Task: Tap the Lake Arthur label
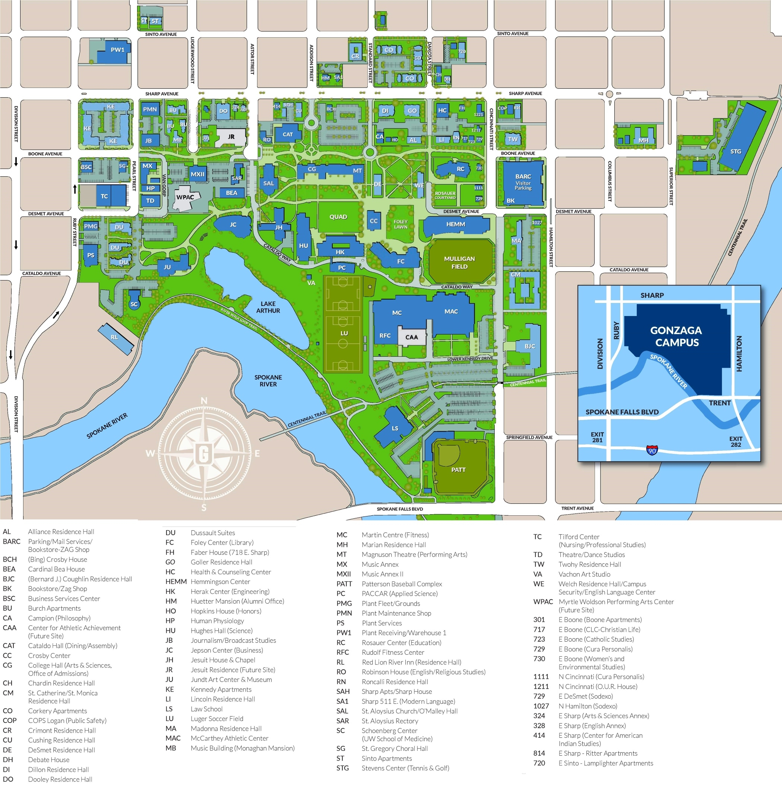(268, 307)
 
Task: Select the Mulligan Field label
(459, 263)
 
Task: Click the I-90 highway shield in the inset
(652, 451)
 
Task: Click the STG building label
(735, 152)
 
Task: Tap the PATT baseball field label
(458, 470)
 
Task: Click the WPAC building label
(185, 197)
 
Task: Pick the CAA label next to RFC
(411, 337)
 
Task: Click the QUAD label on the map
(338, 217)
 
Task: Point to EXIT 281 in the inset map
(597, 437)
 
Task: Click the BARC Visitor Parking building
(523, 182)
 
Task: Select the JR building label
(231, 137)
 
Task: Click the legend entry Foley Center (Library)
(222, 543)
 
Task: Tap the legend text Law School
(206, 709)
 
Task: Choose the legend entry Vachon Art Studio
(584, 574)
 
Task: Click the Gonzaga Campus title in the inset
(676, 336)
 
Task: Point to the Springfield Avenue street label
(529, 437)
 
